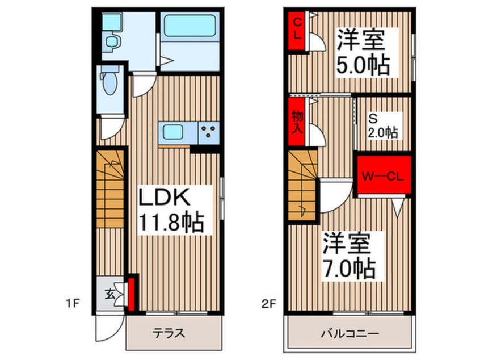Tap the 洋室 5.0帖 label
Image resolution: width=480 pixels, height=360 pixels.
click(363, 53)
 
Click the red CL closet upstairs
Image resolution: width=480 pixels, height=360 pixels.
click(297, 32)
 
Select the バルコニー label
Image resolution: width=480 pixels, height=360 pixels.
click(349, 333)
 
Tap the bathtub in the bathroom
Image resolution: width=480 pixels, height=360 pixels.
click(190, 26)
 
